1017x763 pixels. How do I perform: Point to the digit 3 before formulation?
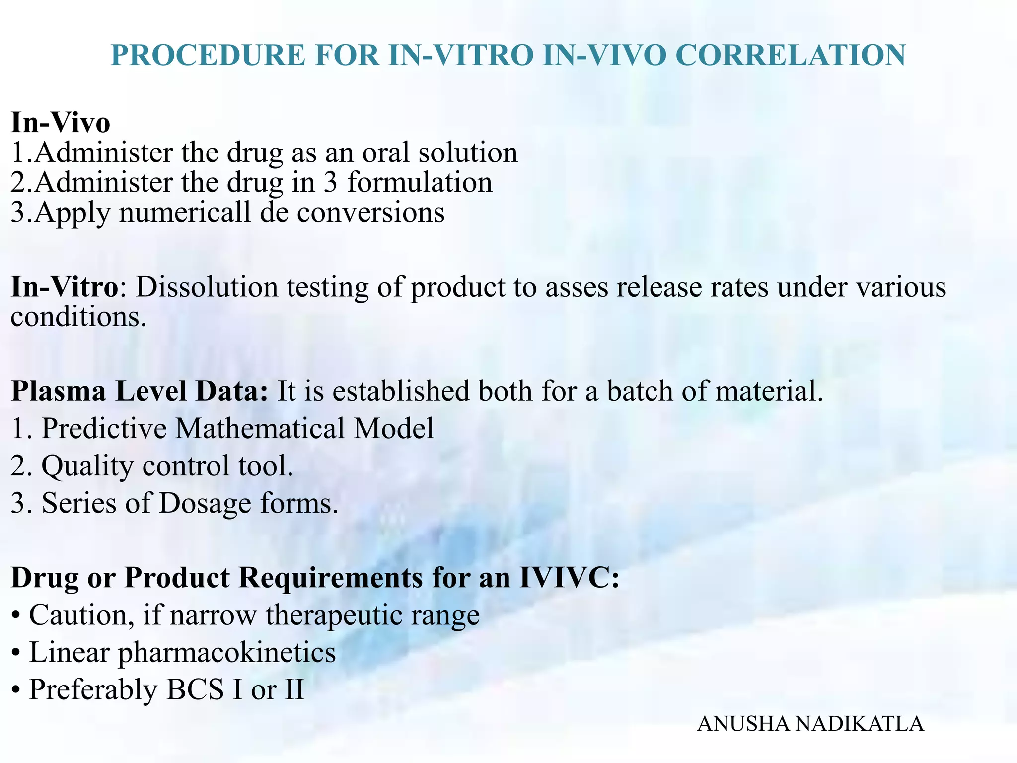(331, 182)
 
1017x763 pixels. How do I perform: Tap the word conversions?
(370, 213)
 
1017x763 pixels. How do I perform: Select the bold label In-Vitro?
(65, 287)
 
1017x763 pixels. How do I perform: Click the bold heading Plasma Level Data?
(140, 391)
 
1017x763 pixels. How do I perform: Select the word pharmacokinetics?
(226, 652)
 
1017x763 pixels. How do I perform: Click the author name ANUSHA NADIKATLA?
(810, 724)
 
